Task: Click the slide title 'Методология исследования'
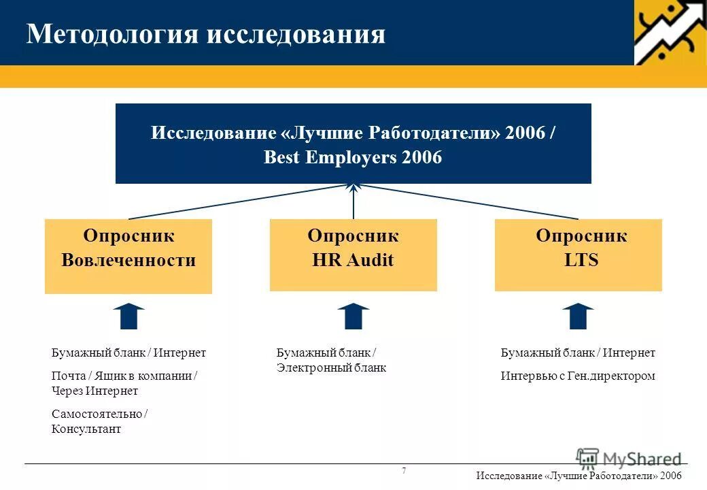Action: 205,34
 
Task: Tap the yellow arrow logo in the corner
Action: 670,32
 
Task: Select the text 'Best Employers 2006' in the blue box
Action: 352,158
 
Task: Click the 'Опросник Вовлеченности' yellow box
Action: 128,256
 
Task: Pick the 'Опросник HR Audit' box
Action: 353,255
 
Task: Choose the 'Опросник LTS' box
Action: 578,255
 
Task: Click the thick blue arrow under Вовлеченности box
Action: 128,316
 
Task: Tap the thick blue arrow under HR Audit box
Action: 353,316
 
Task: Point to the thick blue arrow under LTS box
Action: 578,316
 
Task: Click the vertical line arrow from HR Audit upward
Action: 353,203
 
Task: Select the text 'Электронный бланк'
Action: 331,368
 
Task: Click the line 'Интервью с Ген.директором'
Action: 578,376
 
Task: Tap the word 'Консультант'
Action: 86,429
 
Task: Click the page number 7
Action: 404,471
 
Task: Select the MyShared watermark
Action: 628,458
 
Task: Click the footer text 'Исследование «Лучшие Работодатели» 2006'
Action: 579,476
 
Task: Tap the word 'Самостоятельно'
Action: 97,414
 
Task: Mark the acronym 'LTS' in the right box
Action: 581,260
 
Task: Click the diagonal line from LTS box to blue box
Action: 469,202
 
